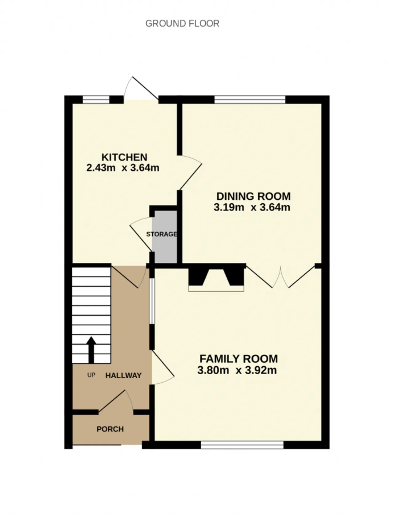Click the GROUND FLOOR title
point(182,23)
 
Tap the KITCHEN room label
point(124,157)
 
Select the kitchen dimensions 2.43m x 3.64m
point(123,168)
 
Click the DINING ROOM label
point(253,196)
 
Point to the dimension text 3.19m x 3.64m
point(252,207)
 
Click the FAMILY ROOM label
point(239,359)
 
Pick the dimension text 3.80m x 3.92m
point(237,370)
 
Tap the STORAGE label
point(162,234)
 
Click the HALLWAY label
point(123,376)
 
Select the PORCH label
point(110,429)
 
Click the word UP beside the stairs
point(91,375)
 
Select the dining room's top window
point(250,99)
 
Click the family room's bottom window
point(242,445)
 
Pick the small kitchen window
point(96,99)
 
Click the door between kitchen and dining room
point(190,172)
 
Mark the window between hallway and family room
point(152,301)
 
